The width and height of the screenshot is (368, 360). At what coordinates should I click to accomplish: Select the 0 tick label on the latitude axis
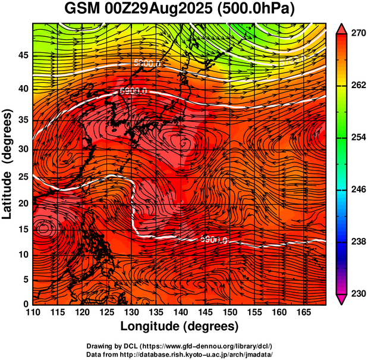pos(26,304)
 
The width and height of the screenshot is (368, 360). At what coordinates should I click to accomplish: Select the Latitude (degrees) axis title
pos(8,164)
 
